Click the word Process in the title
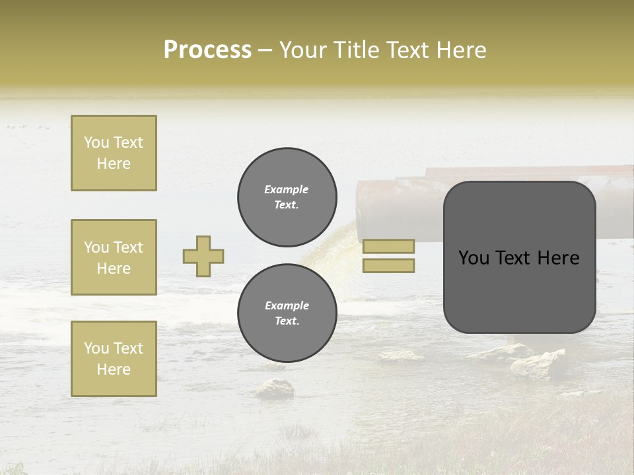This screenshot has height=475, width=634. pos(207,50)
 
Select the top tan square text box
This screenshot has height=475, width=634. pos(114,153)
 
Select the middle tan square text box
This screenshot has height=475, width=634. pos(114,257)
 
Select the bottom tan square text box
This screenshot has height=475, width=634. pos(114,358)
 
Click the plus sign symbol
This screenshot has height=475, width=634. pos(203,256)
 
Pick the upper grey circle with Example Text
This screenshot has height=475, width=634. pos(287,197)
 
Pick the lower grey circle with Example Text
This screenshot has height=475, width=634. pos(287,313)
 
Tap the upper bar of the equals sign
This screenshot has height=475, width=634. pos(388,246)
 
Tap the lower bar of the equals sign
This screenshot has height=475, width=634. pos(388,265)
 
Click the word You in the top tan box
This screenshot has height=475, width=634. pos(96,142)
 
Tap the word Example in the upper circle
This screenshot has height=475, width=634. pos(287,189)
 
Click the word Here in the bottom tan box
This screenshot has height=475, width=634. pos(114,369)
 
